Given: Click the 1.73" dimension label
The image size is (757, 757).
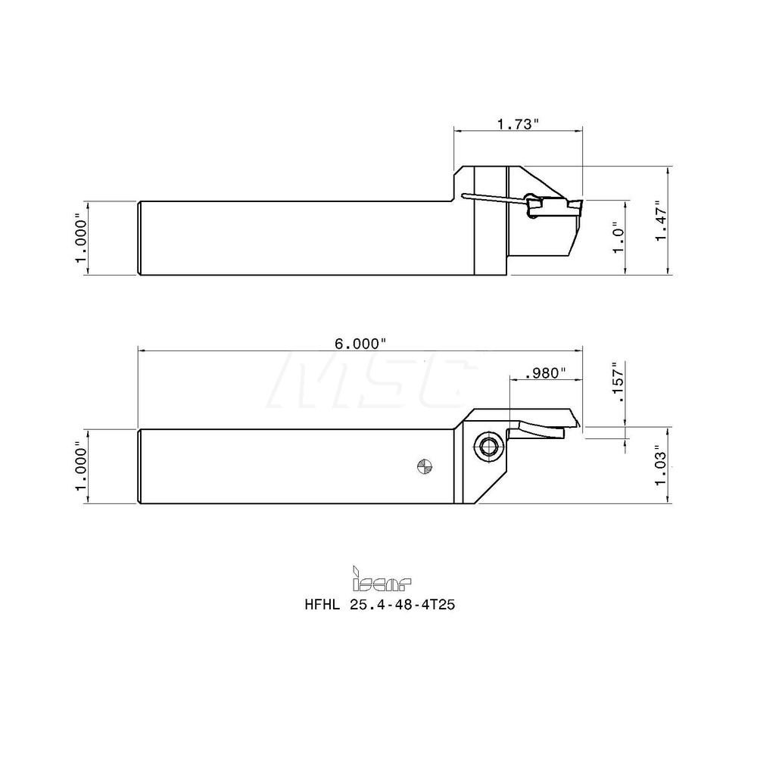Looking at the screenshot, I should (518, 124).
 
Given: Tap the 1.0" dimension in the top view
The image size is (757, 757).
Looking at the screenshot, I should (618, 238).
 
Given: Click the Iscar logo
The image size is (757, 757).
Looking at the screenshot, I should (382, 580).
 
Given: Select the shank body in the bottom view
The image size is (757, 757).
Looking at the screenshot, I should (288, 466).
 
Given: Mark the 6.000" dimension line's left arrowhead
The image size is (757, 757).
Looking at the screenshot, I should (142, 350).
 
